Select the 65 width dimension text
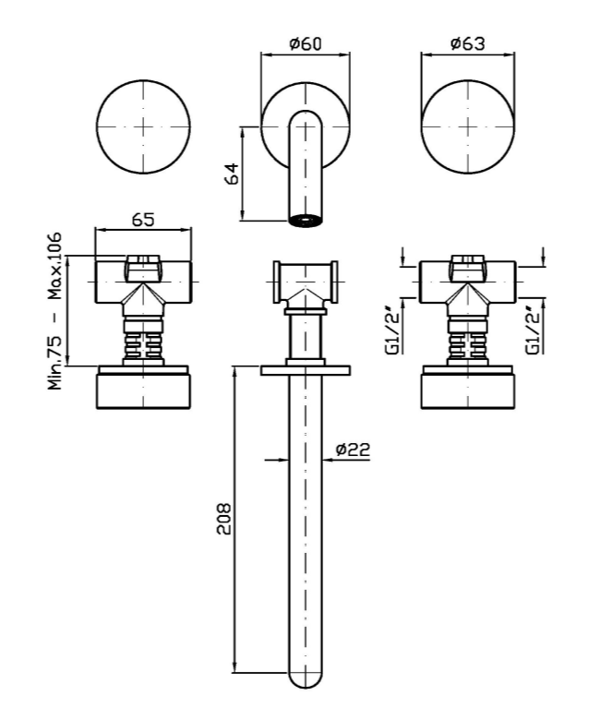point(143,220)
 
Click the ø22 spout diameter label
point(353,450)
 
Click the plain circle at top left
point(143,126)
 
